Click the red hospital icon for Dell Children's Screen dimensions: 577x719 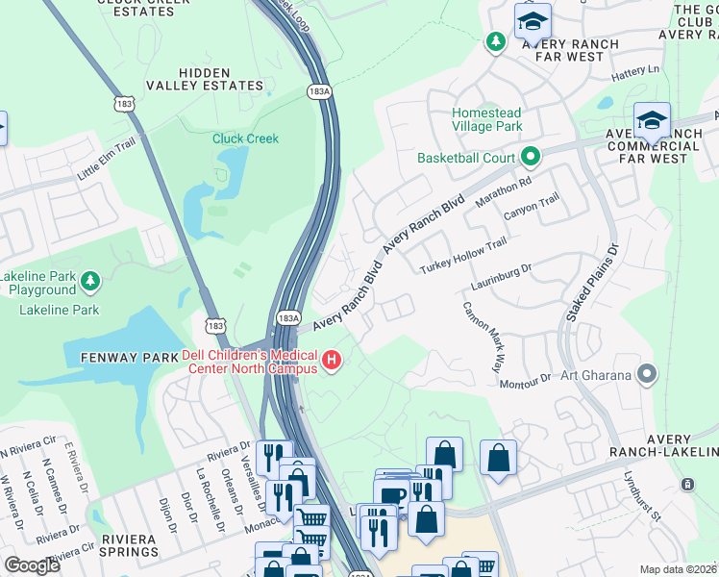(x=333, y=361)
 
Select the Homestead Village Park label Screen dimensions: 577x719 (x=487, y=119)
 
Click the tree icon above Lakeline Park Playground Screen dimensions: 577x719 (x=89, y=280)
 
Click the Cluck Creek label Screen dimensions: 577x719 (x=245, y=138)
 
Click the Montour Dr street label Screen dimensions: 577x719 (x=525, y=382)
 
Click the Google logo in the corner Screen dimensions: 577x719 (x=33, y=565)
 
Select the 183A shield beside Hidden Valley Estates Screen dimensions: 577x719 (x=320, y=90)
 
